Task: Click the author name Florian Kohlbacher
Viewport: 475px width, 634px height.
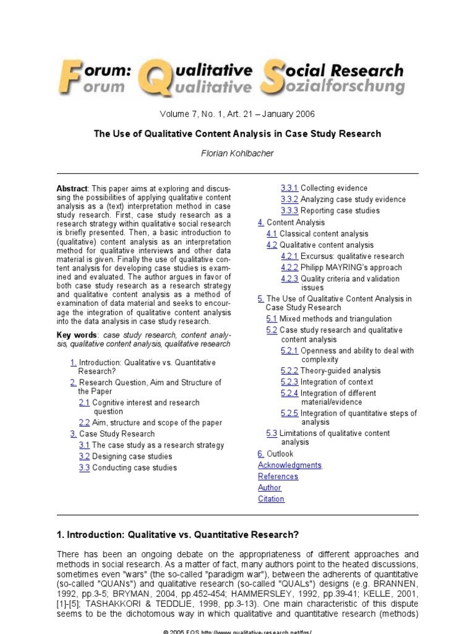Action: pyautogui.click(x=237, y=152)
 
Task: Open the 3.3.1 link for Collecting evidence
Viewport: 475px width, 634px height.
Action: pyautogui.click(x=289, y=188)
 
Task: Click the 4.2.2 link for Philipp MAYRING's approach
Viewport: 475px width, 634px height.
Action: pyautogui.click(x=289, y=267)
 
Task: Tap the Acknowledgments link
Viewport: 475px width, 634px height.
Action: pyautogui.click(x=289, y=465)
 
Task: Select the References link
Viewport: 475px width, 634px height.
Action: pyautogui.click(x=278, y=476)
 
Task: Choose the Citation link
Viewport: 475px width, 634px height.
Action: pyautogui.click(x=271, y=498)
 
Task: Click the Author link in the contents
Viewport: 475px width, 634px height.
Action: pyautogui.click(x=269, y=487)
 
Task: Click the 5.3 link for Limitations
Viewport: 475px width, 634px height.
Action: pyautogui.click(x=272, y=433)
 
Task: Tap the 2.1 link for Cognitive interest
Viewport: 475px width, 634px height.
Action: pyautogui.click(x=84, y=402)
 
